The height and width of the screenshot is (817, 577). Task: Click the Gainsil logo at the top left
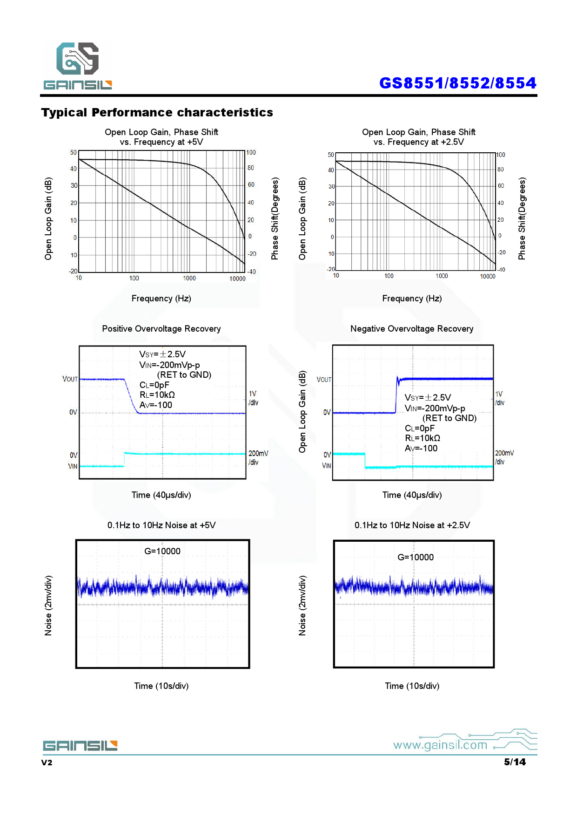(78, 65)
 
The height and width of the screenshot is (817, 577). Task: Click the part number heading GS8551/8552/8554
(457, 83)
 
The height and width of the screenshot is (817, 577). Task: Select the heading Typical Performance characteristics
(157, 113)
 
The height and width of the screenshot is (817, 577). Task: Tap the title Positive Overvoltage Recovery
(161, 329)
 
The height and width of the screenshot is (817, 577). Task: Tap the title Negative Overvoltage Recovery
(412, 329)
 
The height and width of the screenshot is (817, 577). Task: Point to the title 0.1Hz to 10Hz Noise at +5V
(161, 525)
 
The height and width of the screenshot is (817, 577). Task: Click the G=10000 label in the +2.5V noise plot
(416, 558)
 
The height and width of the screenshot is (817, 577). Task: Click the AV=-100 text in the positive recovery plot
(156, 405)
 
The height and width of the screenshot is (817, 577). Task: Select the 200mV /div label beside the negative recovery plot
(504, 457)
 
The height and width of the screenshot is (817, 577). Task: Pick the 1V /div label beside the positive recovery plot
(253, 398)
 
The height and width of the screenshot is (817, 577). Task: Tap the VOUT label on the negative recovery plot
(324, 380)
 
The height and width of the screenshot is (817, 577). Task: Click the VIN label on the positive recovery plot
(73, 466)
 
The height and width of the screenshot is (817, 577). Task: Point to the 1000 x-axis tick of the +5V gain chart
(189, 279)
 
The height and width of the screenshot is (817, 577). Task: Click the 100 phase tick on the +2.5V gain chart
(501, 155)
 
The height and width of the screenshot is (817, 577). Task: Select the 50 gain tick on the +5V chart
(74, 153)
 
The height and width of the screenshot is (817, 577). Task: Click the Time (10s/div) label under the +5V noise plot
(161, 686)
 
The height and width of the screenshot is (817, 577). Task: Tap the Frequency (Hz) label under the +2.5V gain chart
(412, 299)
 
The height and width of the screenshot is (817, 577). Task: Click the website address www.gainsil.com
(440, 745)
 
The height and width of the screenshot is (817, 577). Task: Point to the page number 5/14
(515, 762)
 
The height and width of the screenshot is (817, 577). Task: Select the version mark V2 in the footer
(47, 763)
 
